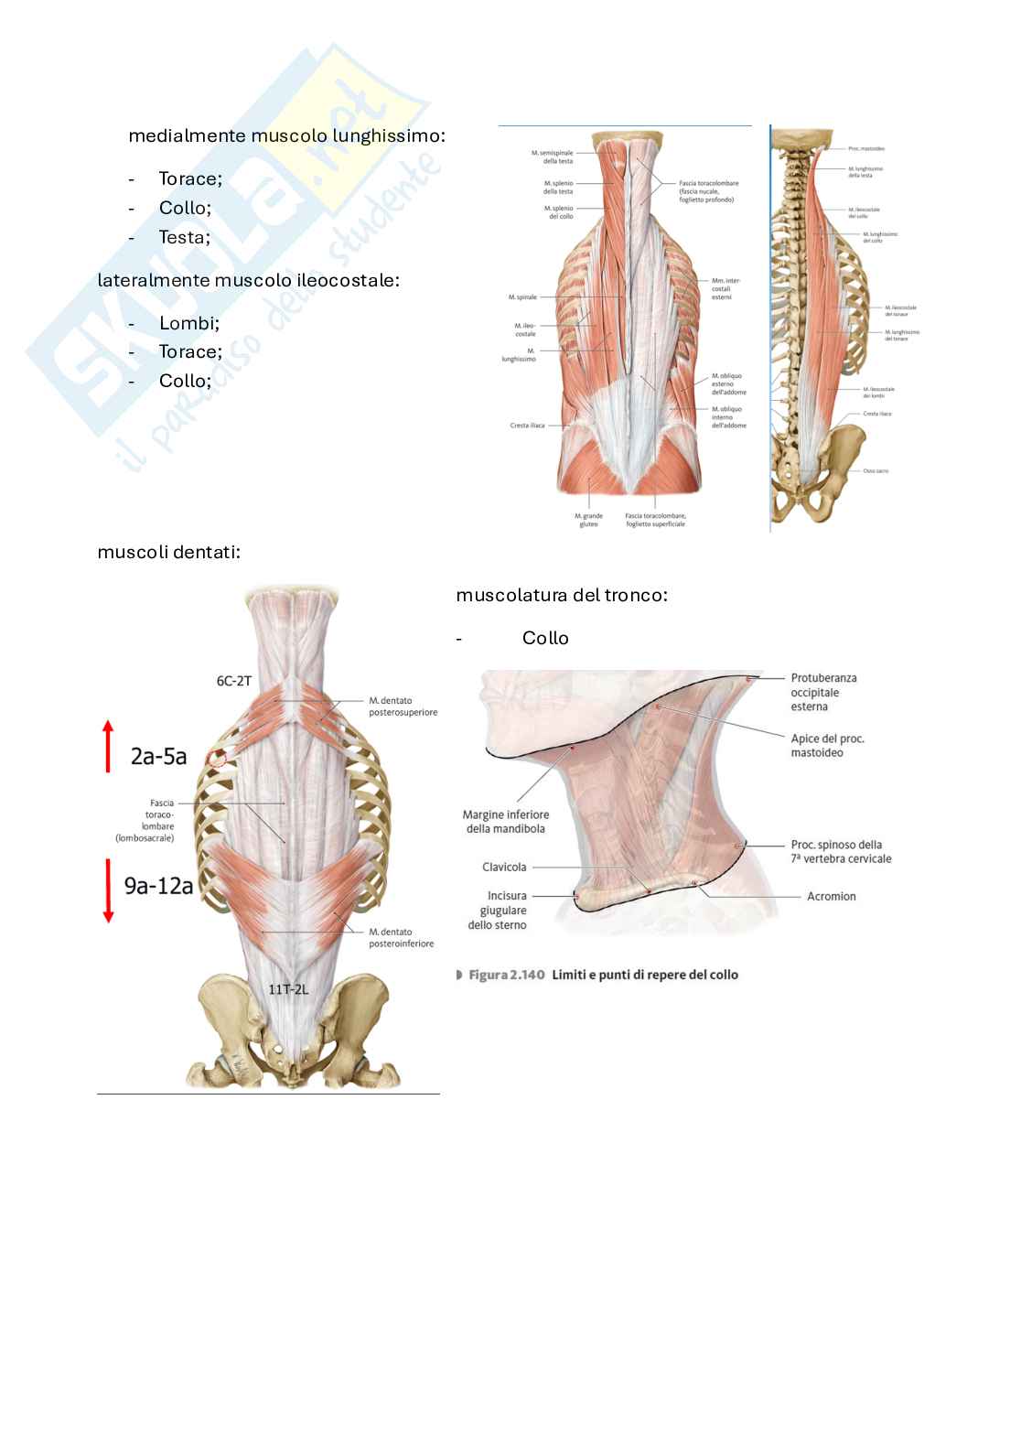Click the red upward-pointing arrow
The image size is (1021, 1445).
pos(108,746)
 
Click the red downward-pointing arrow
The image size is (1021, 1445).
pos(108,890)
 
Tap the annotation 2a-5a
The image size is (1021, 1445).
pos(158,757)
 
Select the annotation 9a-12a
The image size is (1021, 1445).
pos(158,885)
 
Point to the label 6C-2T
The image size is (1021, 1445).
pos(233,681)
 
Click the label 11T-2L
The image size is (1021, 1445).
pos(288,989)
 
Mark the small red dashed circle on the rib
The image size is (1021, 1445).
pos(218,758)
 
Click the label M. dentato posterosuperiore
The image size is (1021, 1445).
pos(403,706)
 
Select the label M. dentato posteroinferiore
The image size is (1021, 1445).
pos(401,937)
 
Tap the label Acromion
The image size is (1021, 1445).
pos(831,897)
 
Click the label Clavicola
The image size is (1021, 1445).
pos(504,867)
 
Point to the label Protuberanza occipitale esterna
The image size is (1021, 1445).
pos(823,692)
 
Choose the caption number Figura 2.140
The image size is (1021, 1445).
pos(500,976)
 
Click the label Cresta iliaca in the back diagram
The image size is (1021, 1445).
pos(527,426)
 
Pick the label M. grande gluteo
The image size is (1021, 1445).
pos(588,520)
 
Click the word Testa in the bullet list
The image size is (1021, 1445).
pos(183,237)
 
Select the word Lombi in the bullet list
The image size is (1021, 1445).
pos(188,323)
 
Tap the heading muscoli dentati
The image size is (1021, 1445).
pos(168,552)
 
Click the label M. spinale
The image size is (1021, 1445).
pos(522,297)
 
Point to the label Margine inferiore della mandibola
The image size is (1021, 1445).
pos(506,821)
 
